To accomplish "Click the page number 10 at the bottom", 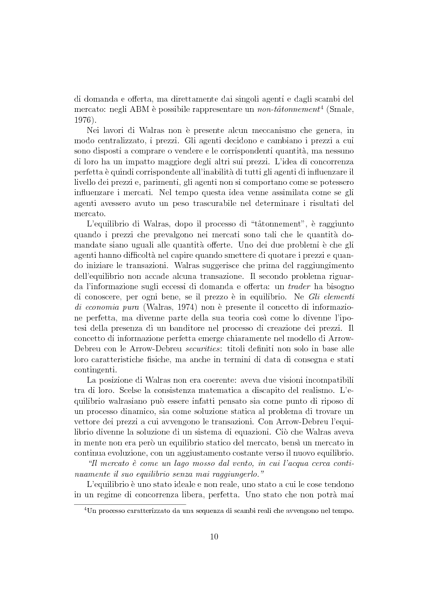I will coord(215,536).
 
